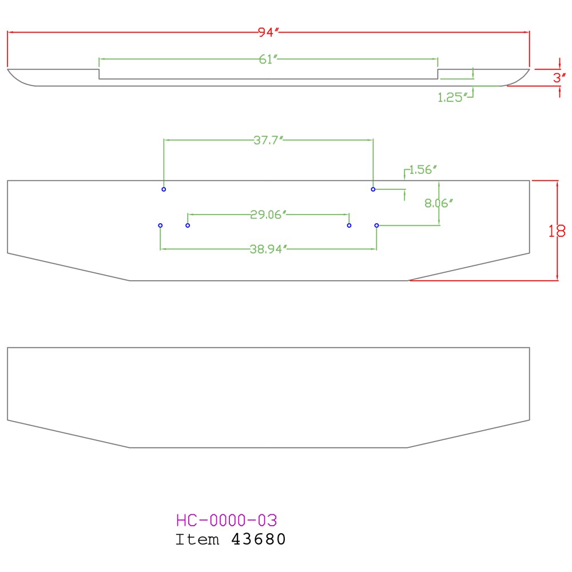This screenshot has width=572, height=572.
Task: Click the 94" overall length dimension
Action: coord(268,33)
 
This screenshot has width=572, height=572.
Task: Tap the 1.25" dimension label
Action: coord(450,97)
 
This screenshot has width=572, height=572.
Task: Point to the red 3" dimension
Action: coord(559,78)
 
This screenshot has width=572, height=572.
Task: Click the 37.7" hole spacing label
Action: coord(269,140)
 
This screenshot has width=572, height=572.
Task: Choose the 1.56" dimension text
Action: coord(423,170)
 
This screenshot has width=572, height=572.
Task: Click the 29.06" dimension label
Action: coord(268,214)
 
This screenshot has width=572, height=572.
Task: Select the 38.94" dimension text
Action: coord(268,249)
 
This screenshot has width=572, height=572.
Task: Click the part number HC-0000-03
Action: coord(227,521)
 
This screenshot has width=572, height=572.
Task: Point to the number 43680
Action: coord(258,539)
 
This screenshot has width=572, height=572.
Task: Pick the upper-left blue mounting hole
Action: coord(164,189)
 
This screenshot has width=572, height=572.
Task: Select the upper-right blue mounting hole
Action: coord(373,189)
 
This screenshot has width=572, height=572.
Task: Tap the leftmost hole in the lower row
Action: coord(160,225)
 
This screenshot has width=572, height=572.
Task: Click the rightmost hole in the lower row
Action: coord(376,225)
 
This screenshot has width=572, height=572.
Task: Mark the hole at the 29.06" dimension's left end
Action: coord(188,225)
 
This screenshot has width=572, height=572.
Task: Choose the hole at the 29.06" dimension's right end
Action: coord(349,225)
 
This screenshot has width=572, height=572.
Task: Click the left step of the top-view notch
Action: coord(100,74)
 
